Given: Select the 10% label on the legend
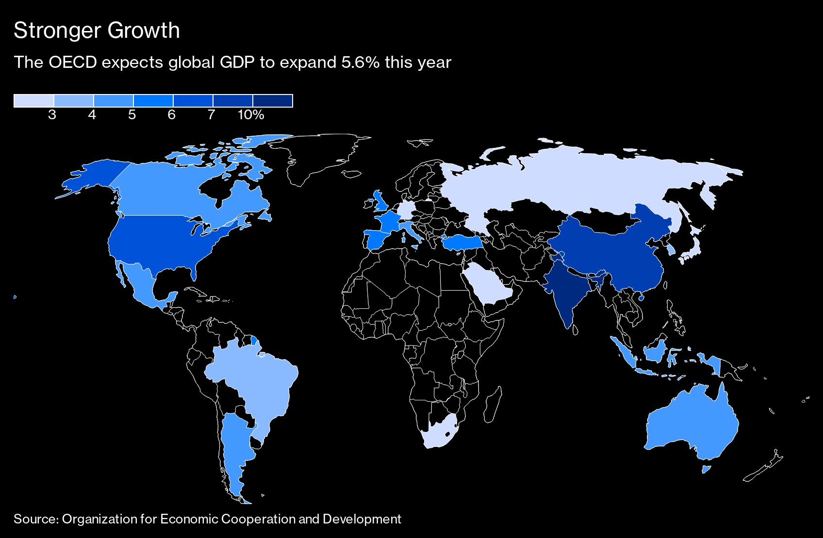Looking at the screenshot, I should [251, 115].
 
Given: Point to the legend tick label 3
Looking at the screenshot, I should [52, 115].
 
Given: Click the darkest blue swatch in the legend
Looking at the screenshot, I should [273, 100].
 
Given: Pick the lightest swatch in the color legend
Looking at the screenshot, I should [33, 100].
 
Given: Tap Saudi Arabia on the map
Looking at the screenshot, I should [488, 284].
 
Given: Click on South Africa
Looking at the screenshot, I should [439, 431].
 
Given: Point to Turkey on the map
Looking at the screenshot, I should [461, 242].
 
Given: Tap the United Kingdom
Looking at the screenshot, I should [379, 202].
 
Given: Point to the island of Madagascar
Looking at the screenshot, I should [494, 405].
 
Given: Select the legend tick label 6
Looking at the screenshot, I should [171, 115].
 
